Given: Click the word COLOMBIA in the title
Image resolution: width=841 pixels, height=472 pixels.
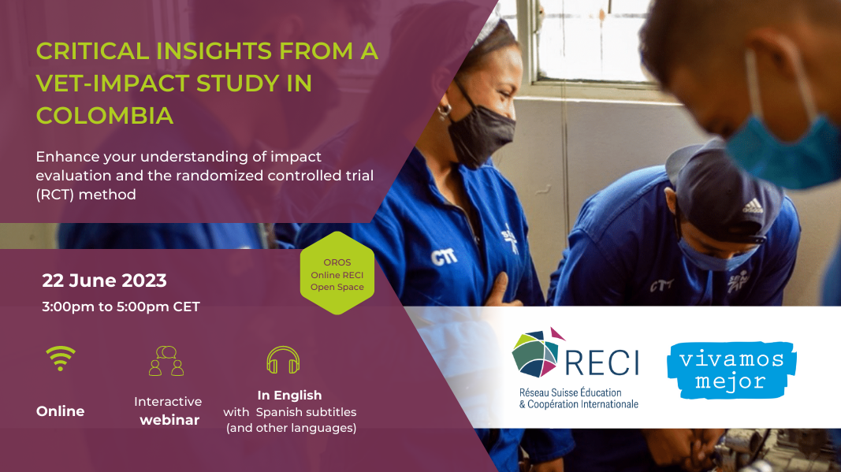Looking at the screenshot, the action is (105, 115).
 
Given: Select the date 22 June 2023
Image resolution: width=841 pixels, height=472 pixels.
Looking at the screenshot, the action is (105, 281).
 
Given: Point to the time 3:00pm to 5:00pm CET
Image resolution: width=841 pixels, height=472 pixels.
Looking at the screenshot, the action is (121, 307).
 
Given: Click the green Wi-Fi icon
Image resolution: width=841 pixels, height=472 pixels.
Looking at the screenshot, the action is (61, 358).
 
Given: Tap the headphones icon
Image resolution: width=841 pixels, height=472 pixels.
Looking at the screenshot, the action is (283, 360).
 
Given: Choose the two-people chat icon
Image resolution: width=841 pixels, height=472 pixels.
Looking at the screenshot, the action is (166, 360).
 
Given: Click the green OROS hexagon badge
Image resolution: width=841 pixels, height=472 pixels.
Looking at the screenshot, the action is (337, 273).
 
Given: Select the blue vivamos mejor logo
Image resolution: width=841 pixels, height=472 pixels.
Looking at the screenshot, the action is (731, 370).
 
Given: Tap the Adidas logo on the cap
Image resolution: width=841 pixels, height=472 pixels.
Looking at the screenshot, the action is (753, 206).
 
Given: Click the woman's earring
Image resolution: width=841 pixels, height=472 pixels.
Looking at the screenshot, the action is (444, 112).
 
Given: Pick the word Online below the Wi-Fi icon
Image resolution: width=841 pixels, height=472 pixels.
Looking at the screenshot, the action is (61, 411).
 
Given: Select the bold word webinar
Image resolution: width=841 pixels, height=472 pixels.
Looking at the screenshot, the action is (169, 420).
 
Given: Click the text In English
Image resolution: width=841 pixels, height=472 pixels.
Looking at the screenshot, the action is (289, 396).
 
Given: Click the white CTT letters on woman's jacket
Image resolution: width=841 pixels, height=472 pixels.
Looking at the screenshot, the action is (444, 257).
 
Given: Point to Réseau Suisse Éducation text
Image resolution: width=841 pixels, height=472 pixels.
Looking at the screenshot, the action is (570, 392).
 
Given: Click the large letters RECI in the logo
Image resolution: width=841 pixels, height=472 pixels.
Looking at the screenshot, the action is (602, 362).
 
